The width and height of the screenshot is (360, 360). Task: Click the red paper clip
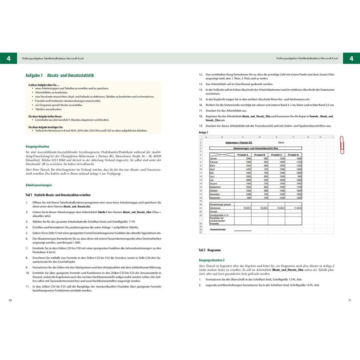point(342,145)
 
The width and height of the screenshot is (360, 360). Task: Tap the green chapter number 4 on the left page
point(8,59)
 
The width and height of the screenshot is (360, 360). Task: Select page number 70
point(10,300)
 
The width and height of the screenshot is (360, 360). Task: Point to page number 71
point(349,300)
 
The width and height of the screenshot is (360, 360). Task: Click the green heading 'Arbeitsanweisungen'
point(39,185)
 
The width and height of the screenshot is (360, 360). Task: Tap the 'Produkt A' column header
point(243,155)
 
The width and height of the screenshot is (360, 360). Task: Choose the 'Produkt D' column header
point(293,155)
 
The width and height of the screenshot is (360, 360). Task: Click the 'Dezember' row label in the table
point(215,198)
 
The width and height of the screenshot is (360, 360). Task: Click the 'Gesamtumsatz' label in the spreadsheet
point(218,230)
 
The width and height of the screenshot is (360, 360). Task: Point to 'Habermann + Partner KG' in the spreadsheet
point(239,142)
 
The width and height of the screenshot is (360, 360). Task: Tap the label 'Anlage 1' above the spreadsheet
point(203,133)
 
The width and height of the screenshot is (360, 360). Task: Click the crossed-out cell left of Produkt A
point(221,155)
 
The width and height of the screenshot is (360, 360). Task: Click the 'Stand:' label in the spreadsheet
point(281,142)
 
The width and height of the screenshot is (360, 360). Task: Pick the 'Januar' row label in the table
point(214,159)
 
